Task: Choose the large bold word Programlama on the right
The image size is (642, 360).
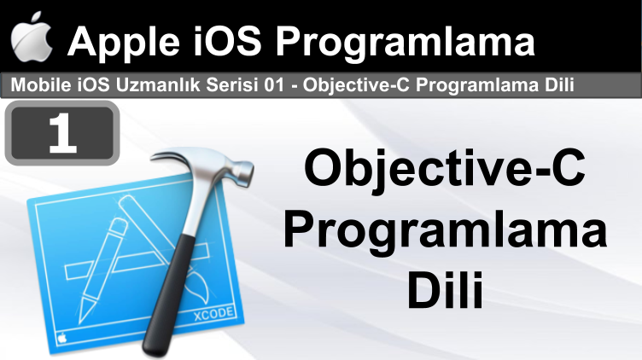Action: [x=445, y=233]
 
